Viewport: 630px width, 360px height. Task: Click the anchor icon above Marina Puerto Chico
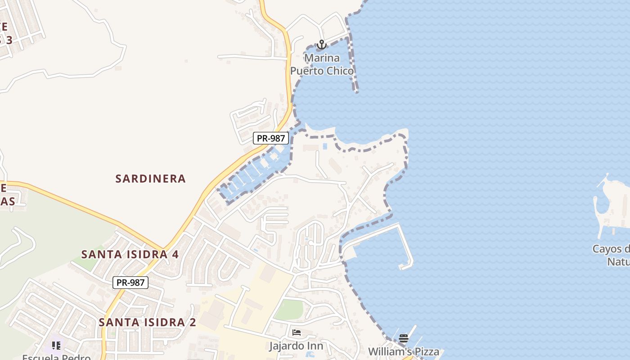[x=321, y=45]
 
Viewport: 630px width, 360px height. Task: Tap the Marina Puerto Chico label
[x=322, y=64]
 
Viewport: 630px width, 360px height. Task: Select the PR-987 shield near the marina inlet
[x=270, y=138]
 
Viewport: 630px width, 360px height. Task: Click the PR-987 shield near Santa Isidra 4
[x=130, y=283]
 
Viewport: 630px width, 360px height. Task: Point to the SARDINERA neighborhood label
[x=150, y=179]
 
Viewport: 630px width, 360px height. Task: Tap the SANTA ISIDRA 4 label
[x=130, y=254]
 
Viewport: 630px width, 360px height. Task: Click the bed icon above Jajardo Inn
[x=296, y=333]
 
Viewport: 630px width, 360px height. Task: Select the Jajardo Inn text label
[x=296, y=346]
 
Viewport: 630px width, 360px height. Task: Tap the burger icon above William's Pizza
[x=404, y=338]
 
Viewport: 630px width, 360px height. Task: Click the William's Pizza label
[x=404, y=351]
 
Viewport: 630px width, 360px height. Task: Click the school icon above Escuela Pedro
[x=56, y=345]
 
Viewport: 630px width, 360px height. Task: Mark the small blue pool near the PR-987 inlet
[x=325, y=146]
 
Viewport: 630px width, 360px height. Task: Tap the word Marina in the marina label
[x=322, y=58]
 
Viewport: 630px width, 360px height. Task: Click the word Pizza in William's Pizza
[x=423, y=351]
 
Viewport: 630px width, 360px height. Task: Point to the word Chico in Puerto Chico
[x=340, y=71]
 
